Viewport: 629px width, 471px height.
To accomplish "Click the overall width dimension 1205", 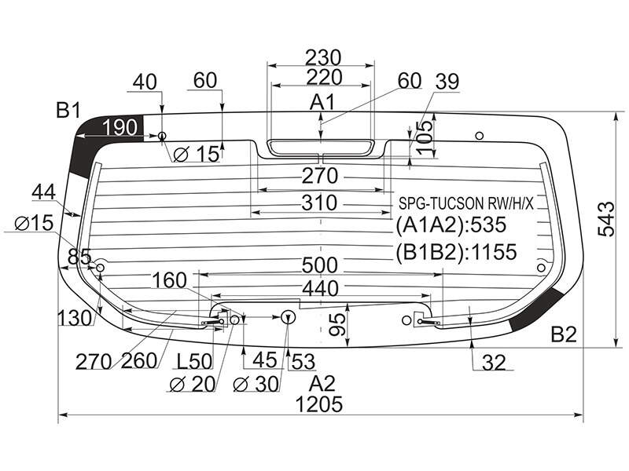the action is point(319,404).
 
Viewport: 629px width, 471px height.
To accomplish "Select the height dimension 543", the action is point(605,219).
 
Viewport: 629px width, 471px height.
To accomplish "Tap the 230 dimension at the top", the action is point(323,57).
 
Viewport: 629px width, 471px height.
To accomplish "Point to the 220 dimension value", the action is point(324,77).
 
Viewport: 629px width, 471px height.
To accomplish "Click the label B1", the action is point(68,110).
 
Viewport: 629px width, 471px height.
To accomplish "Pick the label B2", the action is point(564,334).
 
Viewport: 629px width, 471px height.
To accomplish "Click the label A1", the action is point(322,103).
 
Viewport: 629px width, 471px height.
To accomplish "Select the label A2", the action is point(322,384).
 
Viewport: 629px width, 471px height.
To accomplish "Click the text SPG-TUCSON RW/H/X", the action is point(466,203).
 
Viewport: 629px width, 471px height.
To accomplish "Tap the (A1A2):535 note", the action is point(451,225).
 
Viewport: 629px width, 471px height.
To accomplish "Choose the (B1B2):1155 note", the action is point(456,252).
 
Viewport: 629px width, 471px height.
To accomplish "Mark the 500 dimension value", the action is point(320,265).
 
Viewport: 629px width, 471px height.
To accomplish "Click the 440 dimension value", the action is point(321,288).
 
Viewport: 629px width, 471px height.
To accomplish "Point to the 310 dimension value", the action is point(319,203).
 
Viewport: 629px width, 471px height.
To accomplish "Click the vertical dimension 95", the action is point(338,324).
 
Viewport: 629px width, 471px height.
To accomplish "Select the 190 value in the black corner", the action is point(120,127).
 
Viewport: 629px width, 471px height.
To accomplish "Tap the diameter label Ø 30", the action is point(256,385).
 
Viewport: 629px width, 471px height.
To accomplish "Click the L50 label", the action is point(194,361).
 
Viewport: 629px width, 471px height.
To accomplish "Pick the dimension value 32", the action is point(494,363).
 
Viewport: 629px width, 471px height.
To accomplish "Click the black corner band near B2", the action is point(535,309).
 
